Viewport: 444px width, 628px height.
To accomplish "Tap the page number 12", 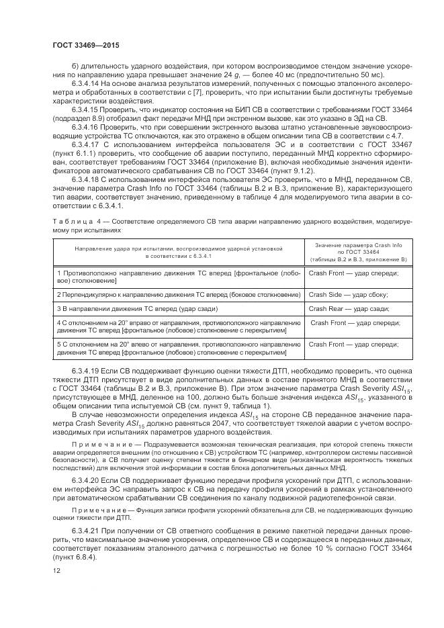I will [56, 570].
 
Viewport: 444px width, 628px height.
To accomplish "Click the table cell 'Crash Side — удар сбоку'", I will [348, 295].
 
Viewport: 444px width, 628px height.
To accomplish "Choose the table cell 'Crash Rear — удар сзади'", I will [349, 309].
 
